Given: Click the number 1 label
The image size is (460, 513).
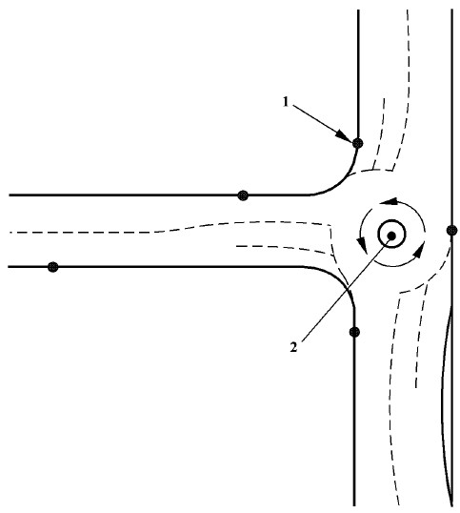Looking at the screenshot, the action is point(286,102).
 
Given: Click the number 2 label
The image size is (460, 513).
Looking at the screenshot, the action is point(294,347).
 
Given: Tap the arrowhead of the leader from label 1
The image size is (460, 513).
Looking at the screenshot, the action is point(346,135).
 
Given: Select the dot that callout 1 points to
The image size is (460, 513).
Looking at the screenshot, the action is point(358,143).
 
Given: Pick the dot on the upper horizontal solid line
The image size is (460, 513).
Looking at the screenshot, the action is point(243,195).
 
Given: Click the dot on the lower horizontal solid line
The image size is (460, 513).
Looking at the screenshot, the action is point(53,267).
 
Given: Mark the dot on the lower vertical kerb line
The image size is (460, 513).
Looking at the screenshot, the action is point(354,332).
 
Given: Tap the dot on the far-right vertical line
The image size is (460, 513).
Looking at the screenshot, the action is point(451,231).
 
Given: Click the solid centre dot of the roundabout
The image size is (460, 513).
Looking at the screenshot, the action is point(391,236).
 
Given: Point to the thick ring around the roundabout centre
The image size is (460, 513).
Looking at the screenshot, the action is point(391,221).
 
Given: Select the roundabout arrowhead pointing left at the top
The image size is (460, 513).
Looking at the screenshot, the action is point(389,201).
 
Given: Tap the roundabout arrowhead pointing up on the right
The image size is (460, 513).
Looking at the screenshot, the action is point(418,250).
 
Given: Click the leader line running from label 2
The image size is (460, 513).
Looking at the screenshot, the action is point(346,289).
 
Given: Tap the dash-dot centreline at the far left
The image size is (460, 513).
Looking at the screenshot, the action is point(82,233).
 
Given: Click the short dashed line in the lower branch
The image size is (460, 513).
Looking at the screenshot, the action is point(420,336).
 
